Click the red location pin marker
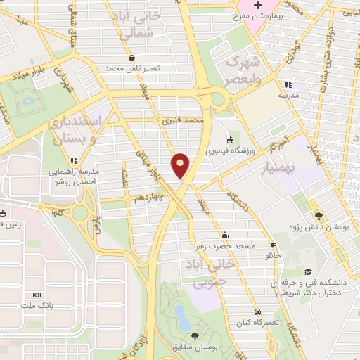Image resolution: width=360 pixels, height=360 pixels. click(181, 165)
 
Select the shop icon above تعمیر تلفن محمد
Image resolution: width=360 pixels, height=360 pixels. click(131, 59)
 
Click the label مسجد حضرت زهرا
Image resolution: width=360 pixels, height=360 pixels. click(224, 245)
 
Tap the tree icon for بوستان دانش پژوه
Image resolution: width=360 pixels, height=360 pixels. click(319, 217)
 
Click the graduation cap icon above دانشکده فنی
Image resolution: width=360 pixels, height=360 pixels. click(307, 272)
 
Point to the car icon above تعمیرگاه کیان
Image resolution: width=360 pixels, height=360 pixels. click(258, 311)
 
